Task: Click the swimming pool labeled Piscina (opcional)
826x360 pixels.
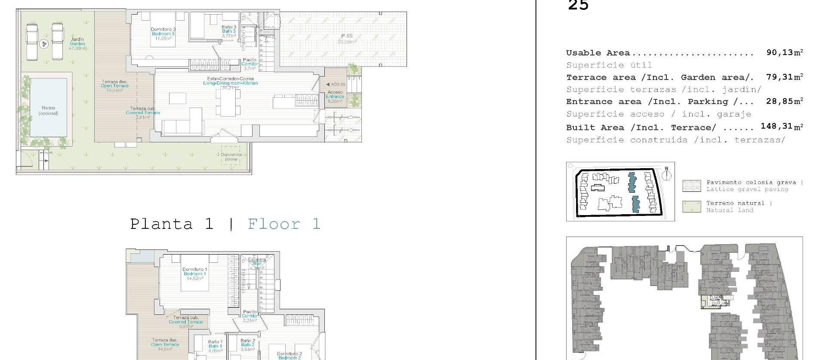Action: [48, 108]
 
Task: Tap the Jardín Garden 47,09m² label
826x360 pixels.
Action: [77, 43]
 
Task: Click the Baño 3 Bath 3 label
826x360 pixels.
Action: [229, 31]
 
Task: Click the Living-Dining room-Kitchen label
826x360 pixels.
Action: [230, 83]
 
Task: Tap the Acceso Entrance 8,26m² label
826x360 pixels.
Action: [335, 97]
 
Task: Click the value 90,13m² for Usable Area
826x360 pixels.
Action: [784, 52]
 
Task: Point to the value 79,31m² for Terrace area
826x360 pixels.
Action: [784, 77]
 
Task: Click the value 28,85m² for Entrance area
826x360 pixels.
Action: [784, 101]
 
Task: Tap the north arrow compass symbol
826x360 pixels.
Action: [667, 174]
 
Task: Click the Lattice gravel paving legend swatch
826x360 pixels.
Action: [691, 186]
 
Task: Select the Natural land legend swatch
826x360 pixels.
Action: [691, 206]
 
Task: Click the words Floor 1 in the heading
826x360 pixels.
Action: [284, 224]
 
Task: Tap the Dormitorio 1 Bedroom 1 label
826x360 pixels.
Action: [195, 274]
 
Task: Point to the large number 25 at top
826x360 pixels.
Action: [578, 5]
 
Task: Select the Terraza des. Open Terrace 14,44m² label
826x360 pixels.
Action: [114, 86]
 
